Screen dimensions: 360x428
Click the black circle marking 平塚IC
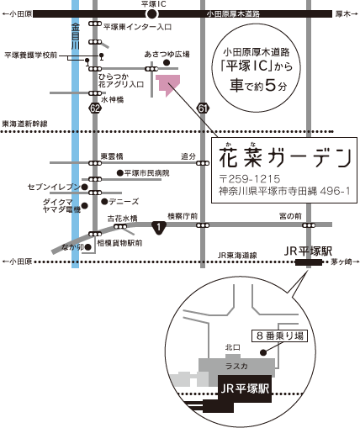click(152, 13)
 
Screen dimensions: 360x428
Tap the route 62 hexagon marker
click(95, 108)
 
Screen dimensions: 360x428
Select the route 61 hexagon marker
click(203, 108)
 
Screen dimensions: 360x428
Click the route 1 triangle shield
click(159, 228)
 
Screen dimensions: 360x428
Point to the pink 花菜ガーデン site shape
click(167, 84)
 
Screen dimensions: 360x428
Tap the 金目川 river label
click(75, 36)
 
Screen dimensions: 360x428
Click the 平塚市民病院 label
click(146, 173)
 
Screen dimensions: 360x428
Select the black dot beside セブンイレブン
click(84, 187)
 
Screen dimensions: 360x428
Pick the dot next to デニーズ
click(104, 201)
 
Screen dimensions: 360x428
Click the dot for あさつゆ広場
click(167, 63)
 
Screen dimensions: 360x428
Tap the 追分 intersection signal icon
click(203, 163)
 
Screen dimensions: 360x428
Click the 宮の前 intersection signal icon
click(309, 225)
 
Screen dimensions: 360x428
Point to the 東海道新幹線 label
click(24, 124)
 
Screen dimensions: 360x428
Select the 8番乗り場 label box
click(279, 336)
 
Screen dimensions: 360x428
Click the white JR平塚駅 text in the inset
click(245, 388)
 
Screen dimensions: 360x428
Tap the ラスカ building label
click(236, 366)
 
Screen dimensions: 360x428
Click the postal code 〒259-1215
click(250, 179)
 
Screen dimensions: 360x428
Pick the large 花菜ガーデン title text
click(285, 157)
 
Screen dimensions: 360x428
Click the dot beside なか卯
click(88, 247)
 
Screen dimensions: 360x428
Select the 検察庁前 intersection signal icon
click(203, 225)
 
